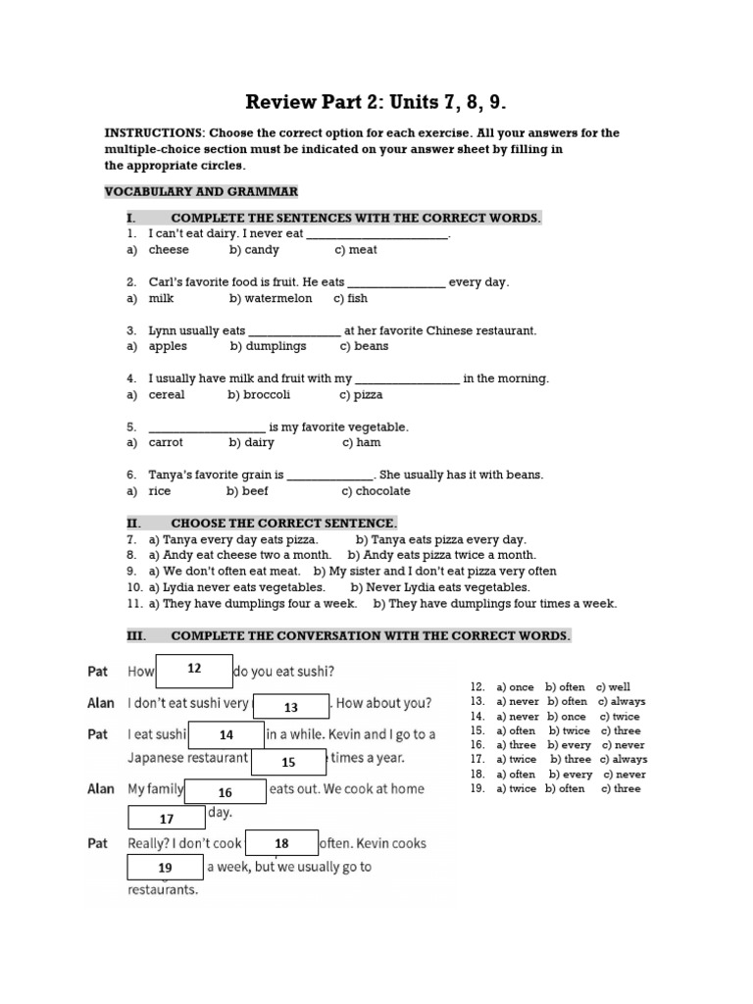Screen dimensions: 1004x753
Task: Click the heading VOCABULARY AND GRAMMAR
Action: coord(201,190)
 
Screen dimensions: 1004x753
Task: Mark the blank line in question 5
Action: coord(206,427)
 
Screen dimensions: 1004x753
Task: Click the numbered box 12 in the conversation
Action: coord(194,670)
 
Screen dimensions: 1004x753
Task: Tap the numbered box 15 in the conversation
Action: coord(288,762)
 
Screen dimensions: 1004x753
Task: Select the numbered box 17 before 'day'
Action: coord(167,818)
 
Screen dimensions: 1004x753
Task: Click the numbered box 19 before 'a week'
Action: coord(165,868)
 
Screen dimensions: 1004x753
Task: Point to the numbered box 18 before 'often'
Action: coord(281,843)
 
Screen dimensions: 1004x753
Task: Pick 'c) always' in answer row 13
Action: coord(622,702)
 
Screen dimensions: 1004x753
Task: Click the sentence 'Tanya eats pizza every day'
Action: coord(440,539)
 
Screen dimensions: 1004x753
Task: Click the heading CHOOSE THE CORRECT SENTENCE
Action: coord(283,524)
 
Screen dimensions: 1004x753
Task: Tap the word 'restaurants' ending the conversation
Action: coord(163,890)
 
